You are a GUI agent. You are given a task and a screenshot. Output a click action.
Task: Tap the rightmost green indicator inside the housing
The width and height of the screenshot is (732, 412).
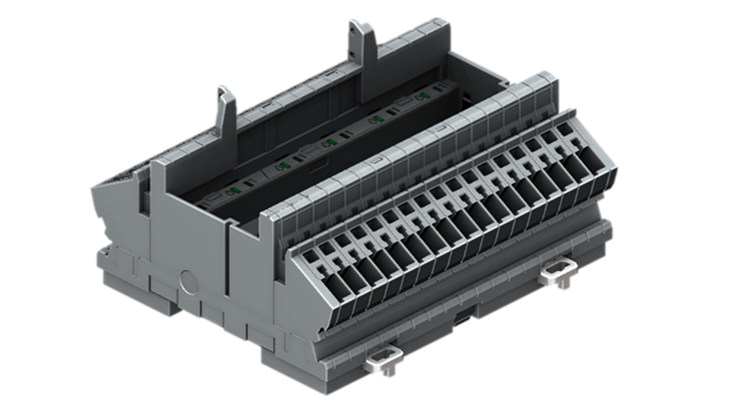(x=424, y=97)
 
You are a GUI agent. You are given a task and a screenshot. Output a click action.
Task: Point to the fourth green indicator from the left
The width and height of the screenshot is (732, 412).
(x=377, y=118)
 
